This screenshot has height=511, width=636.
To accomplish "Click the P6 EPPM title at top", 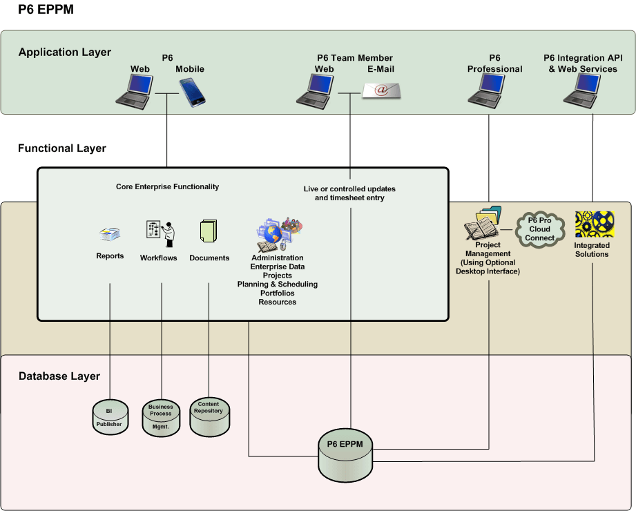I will (46, 10).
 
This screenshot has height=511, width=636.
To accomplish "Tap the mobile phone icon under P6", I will (193, 92).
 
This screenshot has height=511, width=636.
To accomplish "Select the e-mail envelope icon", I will (381, 90).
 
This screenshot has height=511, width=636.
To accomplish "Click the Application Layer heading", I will (65, 52).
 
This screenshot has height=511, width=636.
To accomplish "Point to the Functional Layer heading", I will (62, 148).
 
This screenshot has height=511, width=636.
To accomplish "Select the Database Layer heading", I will (59, 376).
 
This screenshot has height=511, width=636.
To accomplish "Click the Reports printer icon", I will (110, 235).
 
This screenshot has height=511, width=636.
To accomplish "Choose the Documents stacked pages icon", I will (208, 232).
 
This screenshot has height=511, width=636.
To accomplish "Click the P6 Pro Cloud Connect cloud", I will (540, 229).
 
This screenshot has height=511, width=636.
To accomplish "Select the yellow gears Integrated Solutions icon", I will (595, 224).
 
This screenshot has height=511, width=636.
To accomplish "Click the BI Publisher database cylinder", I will (110, 417).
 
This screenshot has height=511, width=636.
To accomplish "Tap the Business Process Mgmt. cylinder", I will (161, 417).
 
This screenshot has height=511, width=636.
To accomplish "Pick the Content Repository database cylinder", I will (209, 416).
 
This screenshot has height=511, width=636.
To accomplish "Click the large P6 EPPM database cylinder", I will (345, 456).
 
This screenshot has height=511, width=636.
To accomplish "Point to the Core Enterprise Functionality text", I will (167, 186).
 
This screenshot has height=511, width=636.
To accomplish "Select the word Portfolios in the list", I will (277, 293).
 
